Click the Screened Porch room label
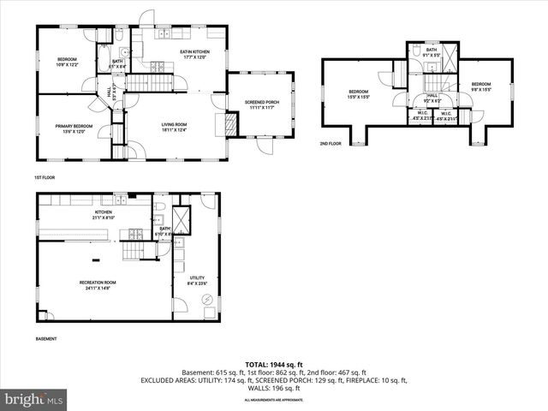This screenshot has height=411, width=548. coord(261,104)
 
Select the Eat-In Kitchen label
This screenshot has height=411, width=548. coord(194,55)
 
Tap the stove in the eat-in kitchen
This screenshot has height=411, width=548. coord(158,66)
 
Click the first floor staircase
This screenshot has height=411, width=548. coord(151,82)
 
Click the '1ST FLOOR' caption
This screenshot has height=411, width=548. coord(45,177)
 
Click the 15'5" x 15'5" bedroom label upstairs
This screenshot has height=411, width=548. coord(358,94)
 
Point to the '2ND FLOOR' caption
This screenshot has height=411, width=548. coord(331,144)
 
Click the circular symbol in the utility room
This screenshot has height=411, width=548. coord(205,299)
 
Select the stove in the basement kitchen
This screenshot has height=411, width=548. coord(134,234)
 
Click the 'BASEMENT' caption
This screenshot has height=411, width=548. coord(46,339)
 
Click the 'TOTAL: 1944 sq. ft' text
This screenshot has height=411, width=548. coord(274,364)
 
